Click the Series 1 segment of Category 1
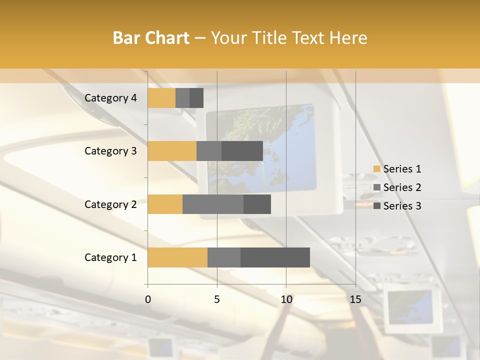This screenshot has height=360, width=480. point(177,257)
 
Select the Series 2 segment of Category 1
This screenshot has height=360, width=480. point(224,257)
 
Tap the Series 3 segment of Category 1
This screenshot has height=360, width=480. point(275,257)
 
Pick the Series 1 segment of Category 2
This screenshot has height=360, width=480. point(165,204)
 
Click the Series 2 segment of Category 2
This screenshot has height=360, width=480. point(213,204)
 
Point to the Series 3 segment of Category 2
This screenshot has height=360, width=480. point(257,204)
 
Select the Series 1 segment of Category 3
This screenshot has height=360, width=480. point(172,151)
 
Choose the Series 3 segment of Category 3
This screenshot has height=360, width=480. point(242,151)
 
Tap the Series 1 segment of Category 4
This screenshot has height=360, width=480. point(161,98)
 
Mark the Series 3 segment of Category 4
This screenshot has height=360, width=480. point(196,98)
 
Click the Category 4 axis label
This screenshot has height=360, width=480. point(110,98)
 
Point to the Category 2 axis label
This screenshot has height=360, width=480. point(110,204)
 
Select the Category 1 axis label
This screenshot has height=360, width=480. point(110,257)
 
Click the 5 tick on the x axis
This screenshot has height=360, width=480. point(217,299)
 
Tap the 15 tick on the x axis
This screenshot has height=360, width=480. point(355,299)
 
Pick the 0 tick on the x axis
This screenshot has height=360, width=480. point(148,299)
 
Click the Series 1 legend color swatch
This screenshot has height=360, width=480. point(376,169)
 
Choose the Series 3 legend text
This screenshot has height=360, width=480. point(402,206)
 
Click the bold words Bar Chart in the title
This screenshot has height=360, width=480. point(151,38)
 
